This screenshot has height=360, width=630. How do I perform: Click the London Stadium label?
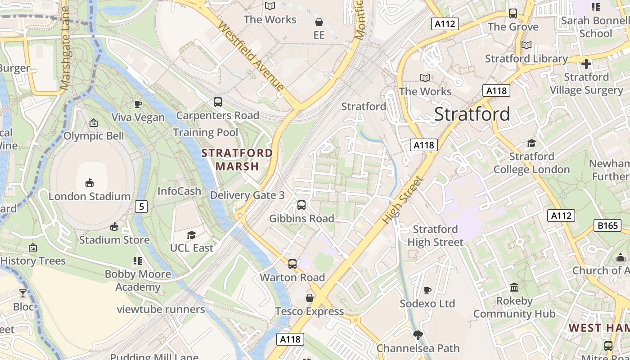tap(90, 196)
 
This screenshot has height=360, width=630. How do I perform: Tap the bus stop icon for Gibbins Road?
tap(301, 205)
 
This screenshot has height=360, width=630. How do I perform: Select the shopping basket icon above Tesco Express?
tap(310, 298)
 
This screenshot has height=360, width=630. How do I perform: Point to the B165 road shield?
tap(607, 225)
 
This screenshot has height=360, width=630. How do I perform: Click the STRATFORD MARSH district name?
tap(237, 159)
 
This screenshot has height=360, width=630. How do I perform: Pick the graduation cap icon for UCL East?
tap(191, 235)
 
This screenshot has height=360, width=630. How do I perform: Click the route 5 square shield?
tap(142, 207)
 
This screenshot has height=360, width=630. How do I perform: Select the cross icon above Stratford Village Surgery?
tap(586, 64)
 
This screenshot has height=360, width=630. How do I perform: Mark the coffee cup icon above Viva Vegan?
tap(138, 104)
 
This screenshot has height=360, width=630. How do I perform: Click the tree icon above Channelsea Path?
tap(418, 335)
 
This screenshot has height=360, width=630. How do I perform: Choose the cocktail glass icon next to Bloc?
tap(23, 293)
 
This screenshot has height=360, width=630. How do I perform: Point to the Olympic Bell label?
tap(94, 136)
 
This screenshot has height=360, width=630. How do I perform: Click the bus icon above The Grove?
tap(513, 13)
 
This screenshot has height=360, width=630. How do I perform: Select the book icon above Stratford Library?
tap(526, 45)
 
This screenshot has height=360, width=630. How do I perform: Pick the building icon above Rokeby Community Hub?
tap(514, 287)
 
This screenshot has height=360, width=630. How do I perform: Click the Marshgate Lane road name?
tap(66, 48)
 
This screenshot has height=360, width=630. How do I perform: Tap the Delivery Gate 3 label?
tap(247, 195)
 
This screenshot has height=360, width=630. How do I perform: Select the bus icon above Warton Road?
tap(292, 264)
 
